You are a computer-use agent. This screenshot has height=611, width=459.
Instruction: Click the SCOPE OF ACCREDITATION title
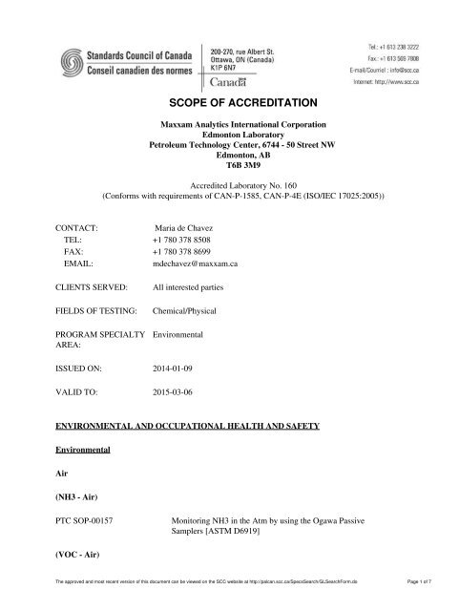click(229, 98)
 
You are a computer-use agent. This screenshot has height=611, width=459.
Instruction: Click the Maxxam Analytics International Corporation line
click(229, 124)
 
